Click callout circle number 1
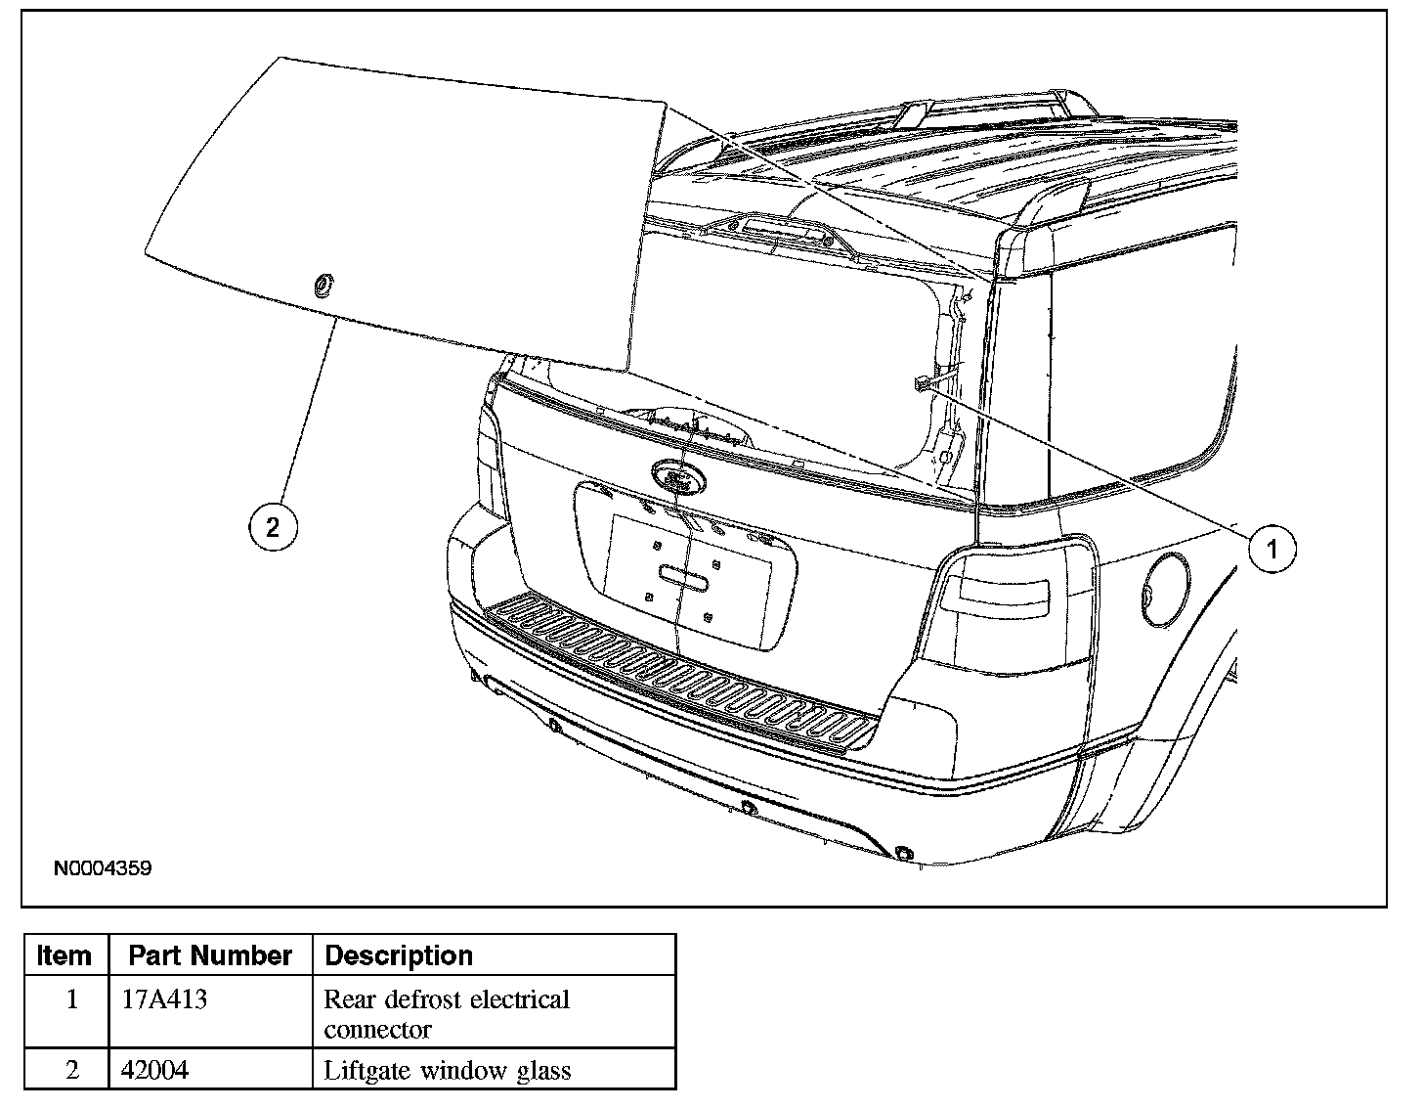click(x=1272, y=549)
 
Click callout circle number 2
click(x=272, y=528)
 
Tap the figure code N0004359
click(x=103, y=867)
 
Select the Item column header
click(x=65, y=955)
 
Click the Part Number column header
click(x=210, y=955)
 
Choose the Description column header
click(x=398, y=955)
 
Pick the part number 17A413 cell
click(x=164, y=1000)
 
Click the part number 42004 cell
click(x=154, y=1070)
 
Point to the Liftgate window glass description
click(x=447, y=1070)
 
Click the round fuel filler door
click(x=1164, y=590)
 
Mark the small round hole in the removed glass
click(x=321, y=285)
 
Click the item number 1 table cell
click(x=72, y=1000)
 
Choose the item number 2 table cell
click(x=72, y=1070)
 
